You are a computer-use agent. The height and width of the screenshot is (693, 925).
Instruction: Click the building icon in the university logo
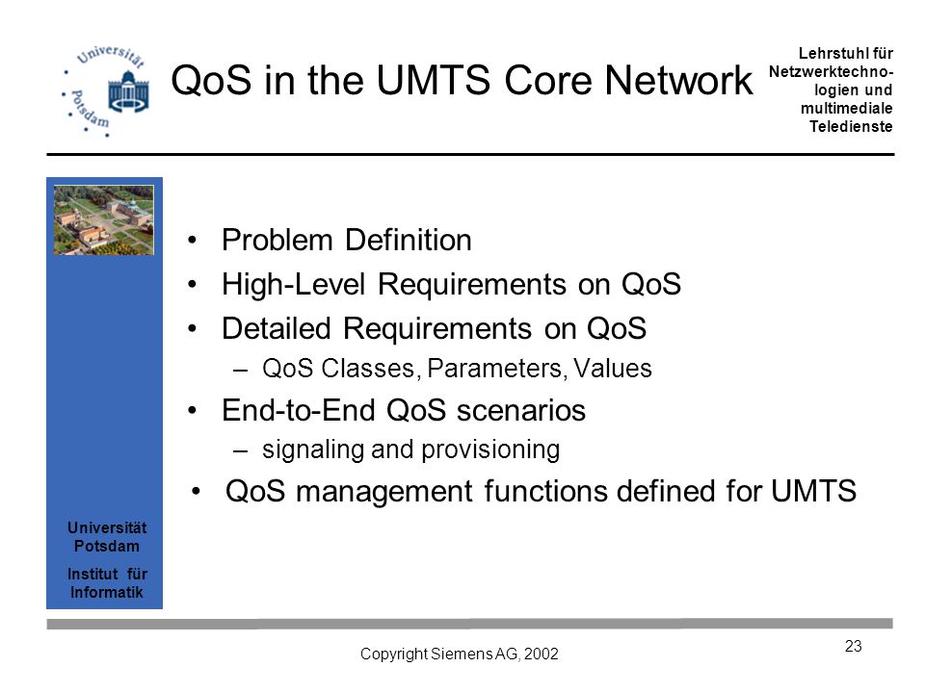pyautogui.click(x=128, y=91)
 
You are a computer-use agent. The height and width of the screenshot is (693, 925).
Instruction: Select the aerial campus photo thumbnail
pyautogui.click(x=104, y=219)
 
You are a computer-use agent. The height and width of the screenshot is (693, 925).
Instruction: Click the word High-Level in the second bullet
pyautogui.click(x=294, y=285)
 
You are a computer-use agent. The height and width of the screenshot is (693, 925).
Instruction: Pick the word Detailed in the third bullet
pyautogui.click(x=277, y=328)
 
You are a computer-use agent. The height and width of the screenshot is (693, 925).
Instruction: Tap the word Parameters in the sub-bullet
pyautogui.click(x=494, y=369)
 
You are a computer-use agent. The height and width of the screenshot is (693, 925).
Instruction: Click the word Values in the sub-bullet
pyautogui.click(x=613, y=369)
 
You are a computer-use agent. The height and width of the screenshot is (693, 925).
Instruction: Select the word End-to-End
pyautogui.click(x=299, y=410)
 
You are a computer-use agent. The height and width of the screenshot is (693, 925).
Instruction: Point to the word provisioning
pyautogui.click(x=490, y=450)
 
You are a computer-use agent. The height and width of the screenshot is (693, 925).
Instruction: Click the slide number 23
pyautogui.click(x=853, y=647)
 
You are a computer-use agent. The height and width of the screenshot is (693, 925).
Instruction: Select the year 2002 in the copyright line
pyautogui.click(x=541, y=654)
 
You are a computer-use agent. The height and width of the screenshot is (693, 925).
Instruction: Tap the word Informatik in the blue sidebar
pyautogui.click(x=107, y=592)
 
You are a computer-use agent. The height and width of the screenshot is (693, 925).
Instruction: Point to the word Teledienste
pyautogui.click(x=851, y=127)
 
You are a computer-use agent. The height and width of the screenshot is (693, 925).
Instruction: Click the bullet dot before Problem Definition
pyautogui.click(x=192, y=241)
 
